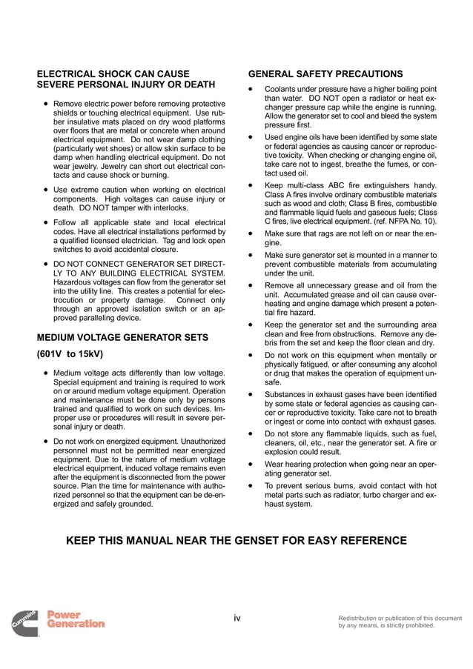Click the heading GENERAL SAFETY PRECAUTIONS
pos(325,74)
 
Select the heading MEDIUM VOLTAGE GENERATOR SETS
pos(122,338)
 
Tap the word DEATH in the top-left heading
pos(199,85)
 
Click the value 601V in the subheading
pos(53,354)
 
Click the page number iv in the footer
pos(236,618)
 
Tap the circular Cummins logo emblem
pos(25,623)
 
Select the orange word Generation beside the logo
pos(76,624)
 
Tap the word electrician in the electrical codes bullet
pos(136,241)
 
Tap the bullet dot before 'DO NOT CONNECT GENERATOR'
pos(44,263)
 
